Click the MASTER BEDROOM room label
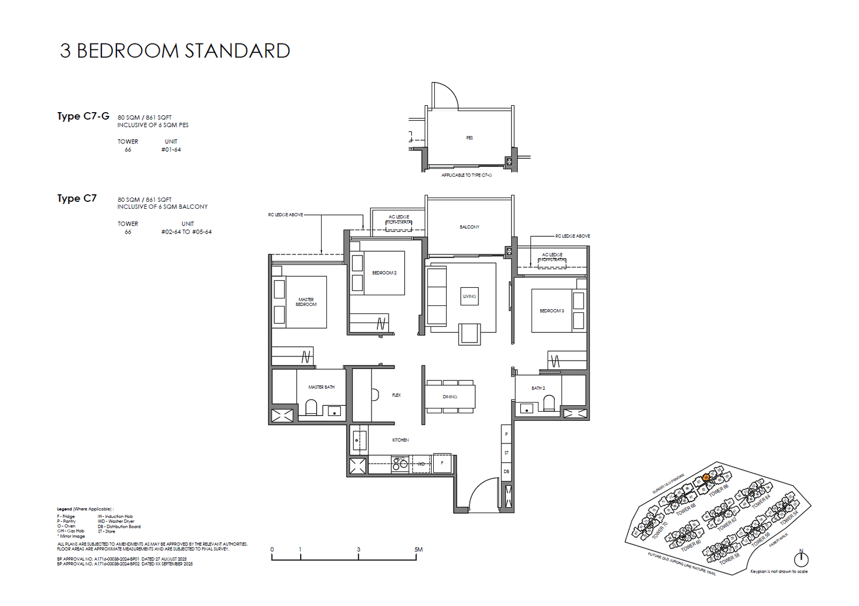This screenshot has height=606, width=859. tap(306, 302)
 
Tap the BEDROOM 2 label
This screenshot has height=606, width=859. tap(384, 273)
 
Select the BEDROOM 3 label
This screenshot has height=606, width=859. tap(552, 311)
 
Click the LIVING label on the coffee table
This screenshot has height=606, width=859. tap(469, 296)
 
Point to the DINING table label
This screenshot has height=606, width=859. tap(450, 397)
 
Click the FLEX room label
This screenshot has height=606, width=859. tap(396, 395)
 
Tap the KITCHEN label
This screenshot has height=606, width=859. tap(401, 440)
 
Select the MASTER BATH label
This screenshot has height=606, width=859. tap(321, 387)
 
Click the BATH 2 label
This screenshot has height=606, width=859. tap(538, 388)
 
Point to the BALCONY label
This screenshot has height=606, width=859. tap(469, 227)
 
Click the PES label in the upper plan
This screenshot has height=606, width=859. tap(469, 138)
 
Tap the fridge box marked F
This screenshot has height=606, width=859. tap(442, 463)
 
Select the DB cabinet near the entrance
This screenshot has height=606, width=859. tap(506, 471)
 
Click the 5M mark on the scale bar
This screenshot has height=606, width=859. tap(418, 550)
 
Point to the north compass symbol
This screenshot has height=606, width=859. tap(801, 559)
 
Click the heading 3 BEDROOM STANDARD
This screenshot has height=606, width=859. tap(175, 51)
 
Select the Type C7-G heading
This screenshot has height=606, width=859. tap(83, 116)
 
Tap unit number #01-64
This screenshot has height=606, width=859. tap(171, 150)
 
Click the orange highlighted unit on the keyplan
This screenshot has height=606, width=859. tap(706, 477)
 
